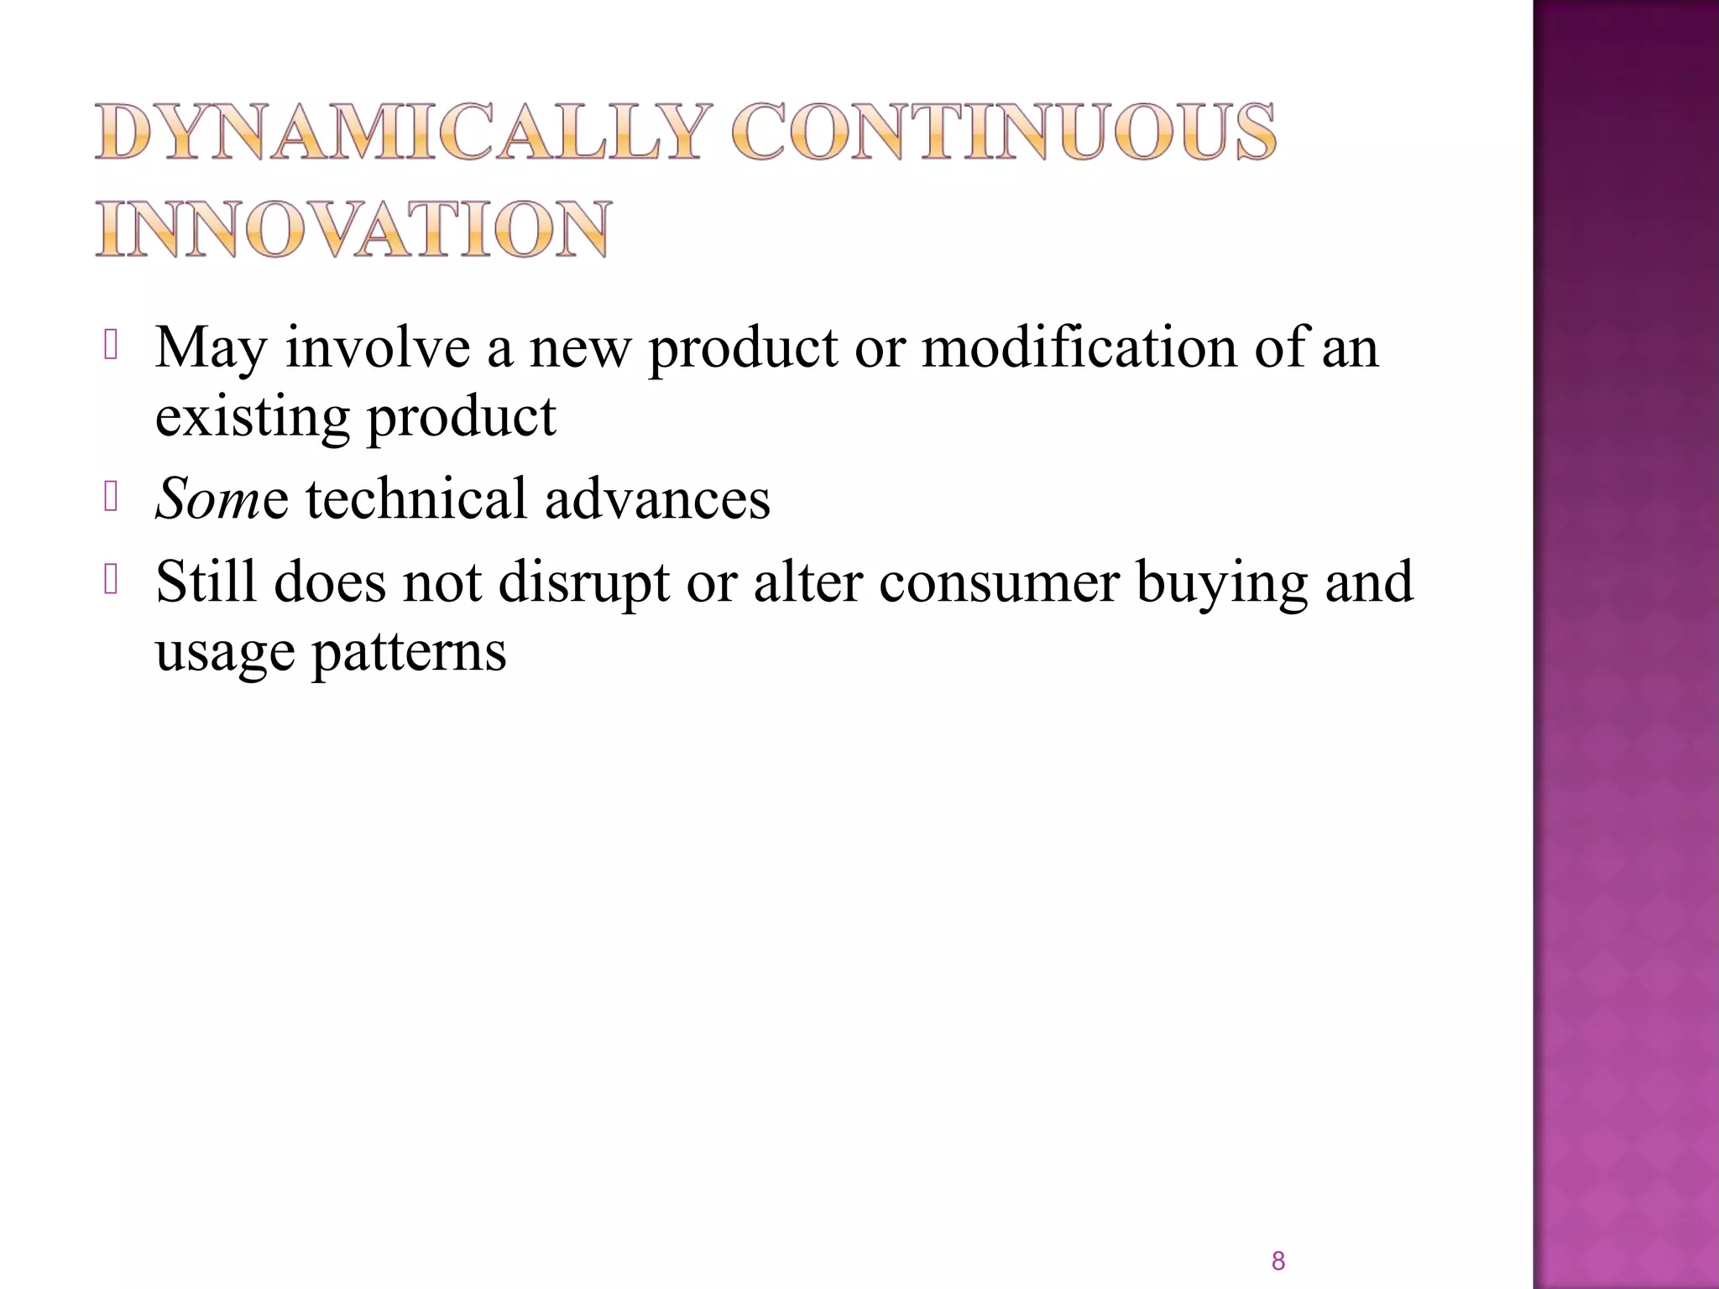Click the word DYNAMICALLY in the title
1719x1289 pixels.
coord(398,133)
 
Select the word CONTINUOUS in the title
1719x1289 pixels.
coord(1003,133)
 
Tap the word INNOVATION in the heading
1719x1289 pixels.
coord(353,229)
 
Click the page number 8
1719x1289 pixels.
coord(1278,1260)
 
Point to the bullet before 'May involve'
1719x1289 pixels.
coord(111,346)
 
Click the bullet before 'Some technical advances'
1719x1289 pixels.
coord(111,497)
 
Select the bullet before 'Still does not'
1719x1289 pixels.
coord(111,581)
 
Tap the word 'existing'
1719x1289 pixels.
coord(252,417)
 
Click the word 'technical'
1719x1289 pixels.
coord(415,498)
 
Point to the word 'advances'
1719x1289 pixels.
coord(657,498)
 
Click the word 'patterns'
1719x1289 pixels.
coord(410,651)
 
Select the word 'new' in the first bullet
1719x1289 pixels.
coord(579,347)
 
